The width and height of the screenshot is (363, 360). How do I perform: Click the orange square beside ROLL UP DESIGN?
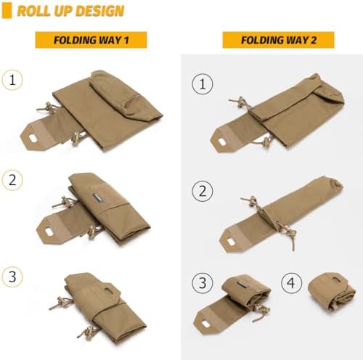point(7,11)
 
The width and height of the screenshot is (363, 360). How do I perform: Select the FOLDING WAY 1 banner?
point(91,40)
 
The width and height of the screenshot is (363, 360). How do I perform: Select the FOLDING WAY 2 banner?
point(279,40)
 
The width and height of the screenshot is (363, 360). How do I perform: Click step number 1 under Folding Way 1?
point(12,80)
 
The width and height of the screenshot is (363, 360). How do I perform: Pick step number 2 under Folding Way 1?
point(12,180)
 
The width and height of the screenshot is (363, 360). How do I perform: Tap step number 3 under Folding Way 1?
point(12,277)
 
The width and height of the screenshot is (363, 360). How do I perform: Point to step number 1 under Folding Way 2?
point(203,84)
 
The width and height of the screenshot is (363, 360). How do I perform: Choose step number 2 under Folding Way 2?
point(203,191)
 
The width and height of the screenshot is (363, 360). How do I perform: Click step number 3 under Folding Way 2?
point(203,283)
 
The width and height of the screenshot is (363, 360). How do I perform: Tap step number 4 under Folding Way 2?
point(292,283)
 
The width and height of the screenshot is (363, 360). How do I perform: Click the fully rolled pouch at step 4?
point(332,292)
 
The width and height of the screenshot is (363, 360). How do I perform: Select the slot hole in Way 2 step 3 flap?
point(207,324)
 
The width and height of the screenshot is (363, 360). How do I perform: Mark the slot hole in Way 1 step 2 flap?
point(50,232)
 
